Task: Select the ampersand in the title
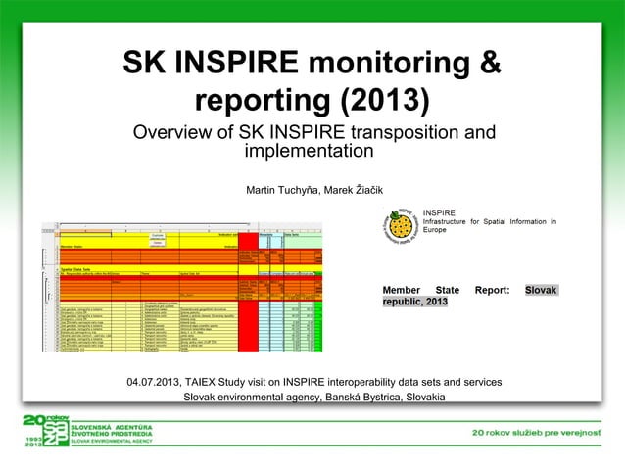pyautogui.click(x=489, y=64)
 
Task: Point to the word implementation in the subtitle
pyautogui.click(x=309, y=152)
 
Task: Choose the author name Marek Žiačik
pyautogui.click(x=351, y=189)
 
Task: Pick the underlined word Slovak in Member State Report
pyautogui.click(x=541, y=291)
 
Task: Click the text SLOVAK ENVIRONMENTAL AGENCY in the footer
pyautogui.click(x=117, y=443)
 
